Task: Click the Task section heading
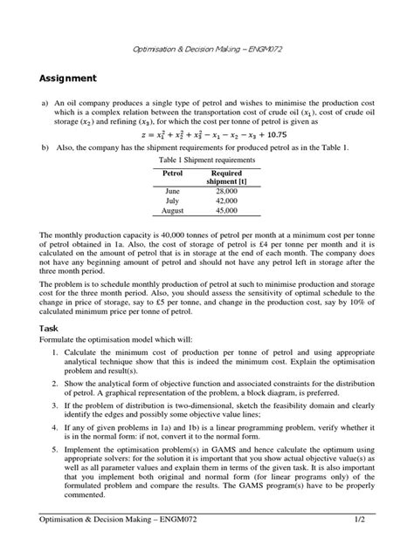(53, 328)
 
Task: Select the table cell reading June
(171, 190)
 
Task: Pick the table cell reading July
(171, 201)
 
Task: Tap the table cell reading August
(171, 211)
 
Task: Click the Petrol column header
(171, 174)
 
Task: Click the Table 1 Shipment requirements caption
(206, 161)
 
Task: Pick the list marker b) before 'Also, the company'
(45, 149)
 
